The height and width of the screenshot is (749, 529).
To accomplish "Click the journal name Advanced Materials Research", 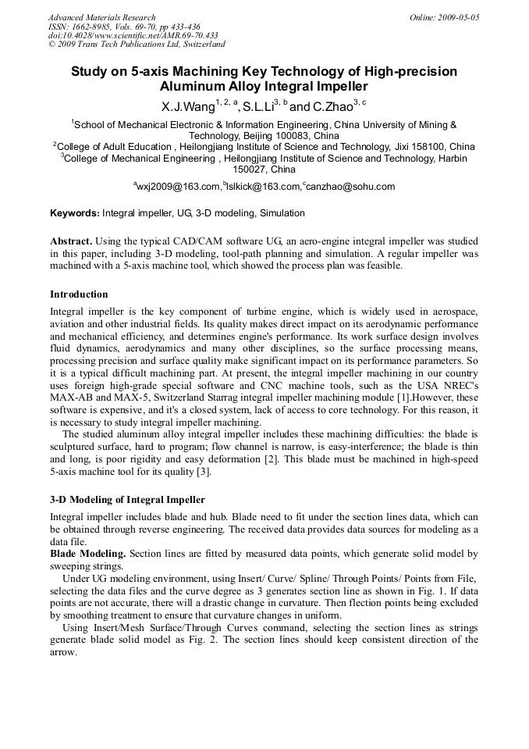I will tap(101, 17).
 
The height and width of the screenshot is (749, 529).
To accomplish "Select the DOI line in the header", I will tap(133, 35).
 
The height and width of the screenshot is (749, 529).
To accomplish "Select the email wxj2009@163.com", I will tap(179, 187).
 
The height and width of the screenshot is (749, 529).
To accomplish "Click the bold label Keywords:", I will tap(75, 213).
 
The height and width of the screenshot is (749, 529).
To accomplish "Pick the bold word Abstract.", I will tap(71, 241).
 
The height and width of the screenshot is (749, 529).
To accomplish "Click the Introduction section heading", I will tap(79, 294).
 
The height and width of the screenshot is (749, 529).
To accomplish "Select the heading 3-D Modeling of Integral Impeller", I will tap(127, 499).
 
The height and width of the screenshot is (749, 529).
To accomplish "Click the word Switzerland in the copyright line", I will tap(197, 45).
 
